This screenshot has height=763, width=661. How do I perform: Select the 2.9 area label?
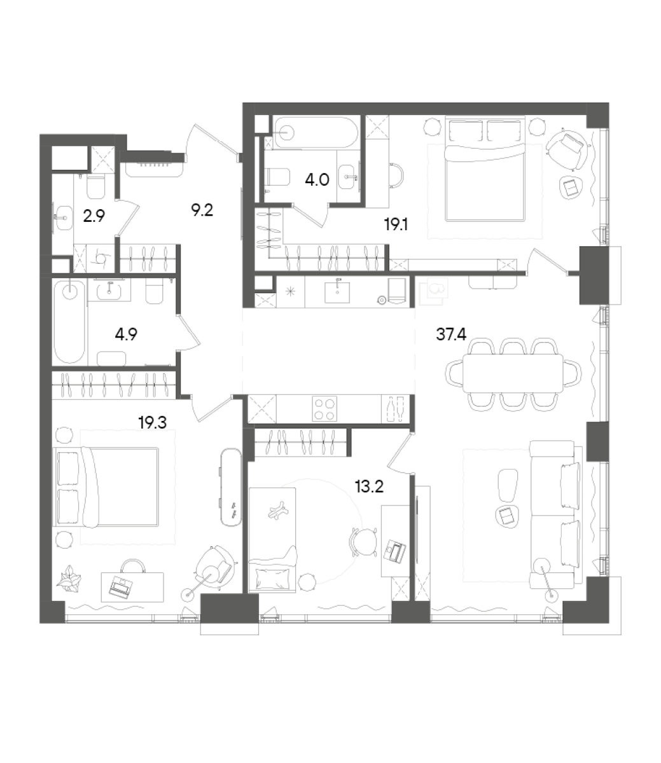pos(94,216)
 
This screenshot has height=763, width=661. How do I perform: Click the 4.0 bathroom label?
pos(316,180)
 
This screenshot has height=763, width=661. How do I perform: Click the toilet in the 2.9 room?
pos(95,187)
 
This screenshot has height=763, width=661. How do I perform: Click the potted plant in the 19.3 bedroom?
pos(69,580)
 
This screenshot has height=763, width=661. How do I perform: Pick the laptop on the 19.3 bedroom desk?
pos(120,586)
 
